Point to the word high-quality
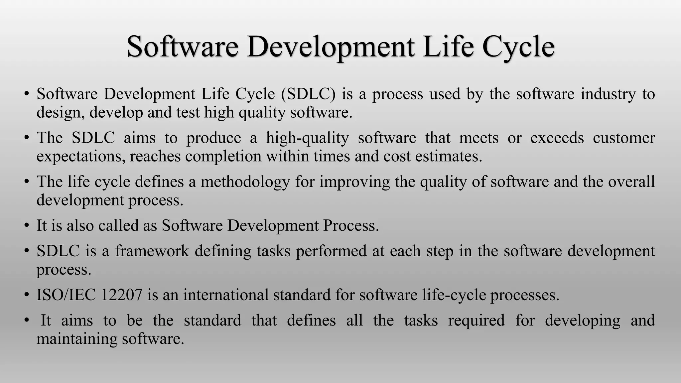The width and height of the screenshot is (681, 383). (308, 138)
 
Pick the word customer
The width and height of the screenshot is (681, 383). (624, 138)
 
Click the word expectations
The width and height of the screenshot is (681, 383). (81, 157)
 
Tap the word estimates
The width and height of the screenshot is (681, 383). (449, 156)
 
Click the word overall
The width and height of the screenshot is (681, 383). (631, 182)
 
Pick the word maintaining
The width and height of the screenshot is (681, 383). (77, 339)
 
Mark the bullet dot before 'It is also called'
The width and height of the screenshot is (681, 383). (27, 226)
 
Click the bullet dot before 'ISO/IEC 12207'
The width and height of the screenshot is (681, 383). (27, 295)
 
